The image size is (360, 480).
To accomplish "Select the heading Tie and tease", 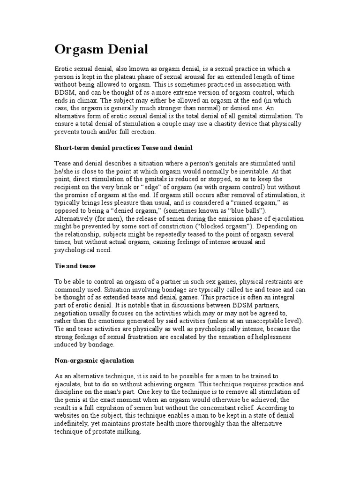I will pyautogui.click(x=75, y=266).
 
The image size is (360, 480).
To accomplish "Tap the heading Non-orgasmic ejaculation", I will pyautogui.click(x=94, y=360).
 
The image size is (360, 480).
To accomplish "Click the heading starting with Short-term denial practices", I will pyautogui.click(x=123, y=148).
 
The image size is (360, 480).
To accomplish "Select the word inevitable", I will pyautogui.click(x=271, y=171).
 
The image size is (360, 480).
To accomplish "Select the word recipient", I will pyautogui.click(x=69, y=187).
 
